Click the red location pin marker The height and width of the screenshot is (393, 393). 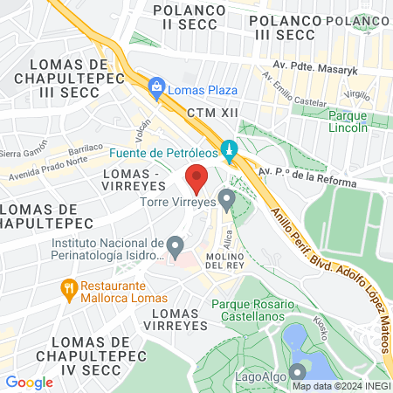coord(196,180)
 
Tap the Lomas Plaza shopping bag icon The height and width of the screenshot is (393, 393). coord(156,86)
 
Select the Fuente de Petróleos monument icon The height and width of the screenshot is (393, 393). coord(229,151)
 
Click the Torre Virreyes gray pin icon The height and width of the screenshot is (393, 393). coord(227,200)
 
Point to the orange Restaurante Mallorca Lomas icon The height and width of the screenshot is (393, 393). coord(67,287)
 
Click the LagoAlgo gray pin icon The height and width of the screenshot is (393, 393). coord(298,371)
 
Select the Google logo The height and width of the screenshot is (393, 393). coord(29,382)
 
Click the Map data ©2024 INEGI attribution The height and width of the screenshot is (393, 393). coord(341,386)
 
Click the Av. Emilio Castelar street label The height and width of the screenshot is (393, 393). coord(289,92)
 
